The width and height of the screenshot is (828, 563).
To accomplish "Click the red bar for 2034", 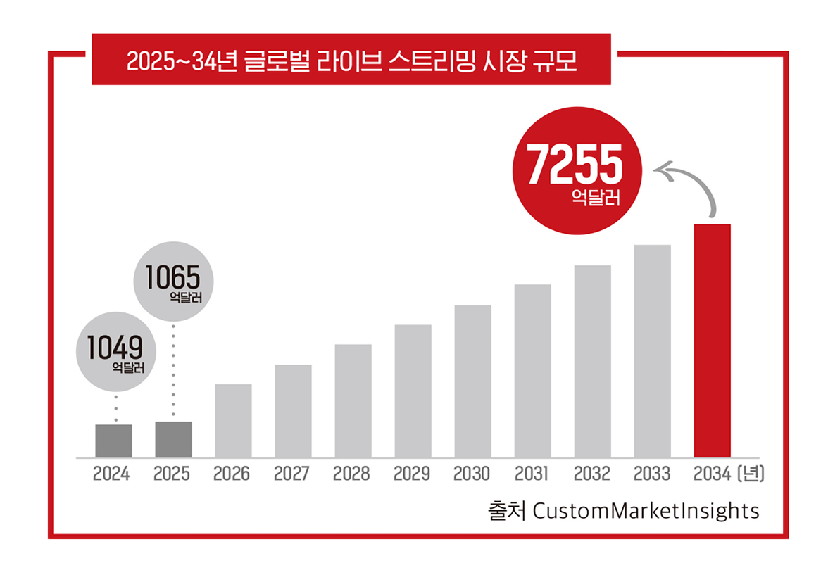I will pyautogui.click(x=712, y=341).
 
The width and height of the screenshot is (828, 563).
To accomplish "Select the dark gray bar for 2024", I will pyautogui.click(x=113, y=441).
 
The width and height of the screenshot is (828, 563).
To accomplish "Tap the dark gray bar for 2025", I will pyautogui.click(x=173, y=440).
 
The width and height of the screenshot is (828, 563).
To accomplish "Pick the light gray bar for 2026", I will pyautogui.click(x=233, y=421).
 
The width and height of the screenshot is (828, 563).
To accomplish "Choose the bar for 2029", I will pyautogui.click(x=413, y=391).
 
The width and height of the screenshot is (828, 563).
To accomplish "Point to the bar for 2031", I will pyautogui.click(x=532, y=371).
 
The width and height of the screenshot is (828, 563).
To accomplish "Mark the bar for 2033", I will pyautogui.click(x=652, y=351).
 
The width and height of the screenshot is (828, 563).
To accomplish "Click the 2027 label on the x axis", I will pyautogui.click(x=292, y=474).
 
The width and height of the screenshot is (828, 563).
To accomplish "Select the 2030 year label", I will pyautogui.click(x=472, y=474).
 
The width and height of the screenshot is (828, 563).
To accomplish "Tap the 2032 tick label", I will pyautogui.click(x=591, y=474).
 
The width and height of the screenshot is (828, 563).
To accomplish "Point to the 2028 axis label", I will pyautogui.click(x=352, y=474).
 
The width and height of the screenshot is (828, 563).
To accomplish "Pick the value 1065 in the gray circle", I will pyautogui.click(x=172, y=277).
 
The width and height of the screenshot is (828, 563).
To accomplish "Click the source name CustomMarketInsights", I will pyautogui.click(x=646, y=510).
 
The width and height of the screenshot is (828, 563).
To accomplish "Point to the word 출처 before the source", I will pyautogui.click(x=506, y=510).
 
